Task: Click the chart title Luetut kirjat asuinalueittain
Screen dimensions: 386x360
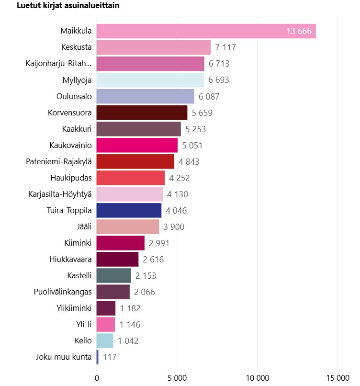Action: pos(68,6)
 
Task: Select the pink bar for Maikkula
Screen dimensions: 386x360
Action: pos(206,31)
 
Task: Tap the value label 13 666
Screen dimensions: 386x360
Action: pos(299,32)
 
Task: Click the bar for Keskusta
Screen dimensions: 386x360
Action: pos(153,47)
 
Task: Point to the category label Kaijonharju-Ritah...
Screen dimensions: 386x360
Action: pos(58,64)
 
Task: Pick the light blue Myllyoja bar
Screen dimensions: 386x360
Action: pos(150,80)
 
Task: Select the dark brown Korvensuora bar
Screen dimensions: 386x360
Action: pos(142,113)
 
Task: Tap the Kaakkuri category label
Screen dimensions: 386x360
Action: pos(77,129)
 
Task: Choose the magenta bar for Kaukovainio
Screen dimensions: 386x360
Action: pos(137,145)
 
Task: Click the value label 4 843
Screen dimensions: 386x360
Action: pos(189,161)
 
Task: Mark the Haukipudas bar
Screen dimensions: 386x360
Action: pos(131,178)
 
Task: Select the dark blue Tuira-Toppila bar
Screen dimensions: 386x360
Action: pos(129,210)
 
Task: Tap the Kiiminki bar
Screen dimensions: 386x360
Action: pos(120,243)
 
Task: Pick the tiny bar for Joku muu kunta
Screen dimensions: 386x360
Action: pos(98,357)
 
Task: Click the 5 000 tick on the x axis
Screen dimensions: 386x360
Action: pos(177,377)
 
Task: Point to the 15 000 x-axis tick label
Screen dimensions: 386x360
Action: pos(337,377)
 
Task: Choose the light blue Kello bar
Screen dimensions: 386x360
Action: pos(105,341)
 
